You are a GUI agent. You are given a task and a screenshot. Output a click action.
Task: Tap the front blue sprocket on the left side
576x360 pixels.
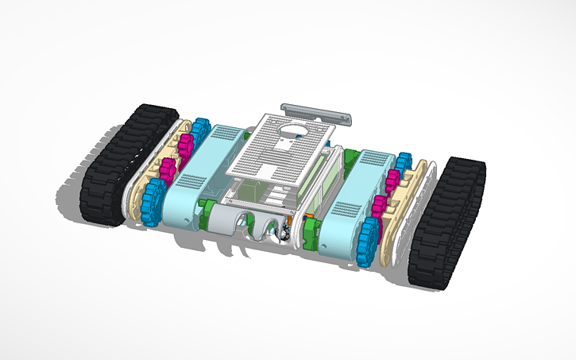153,202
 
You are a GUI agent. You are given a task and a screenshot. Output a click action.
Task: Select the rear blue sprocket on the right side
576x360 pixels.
403,163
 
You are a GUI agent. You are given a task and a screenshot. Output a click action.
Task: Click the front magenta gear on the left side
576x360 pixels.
168,172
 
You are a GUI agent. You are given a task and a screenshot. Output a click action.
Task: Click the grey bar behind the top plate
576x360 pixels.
316,112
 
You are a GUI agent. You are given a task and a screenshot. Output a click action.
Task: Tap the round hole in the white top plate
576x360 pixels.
292,130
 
